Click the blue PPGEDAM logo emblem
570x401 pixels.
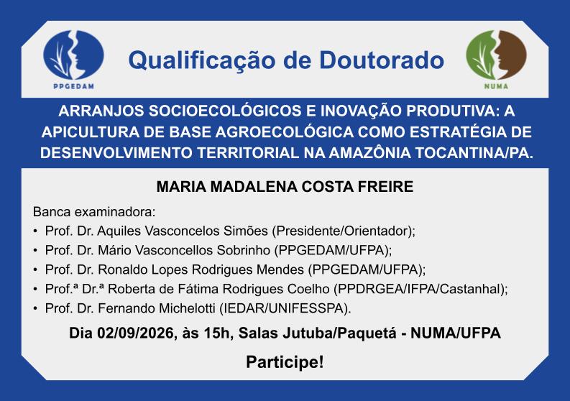tap(73, 55)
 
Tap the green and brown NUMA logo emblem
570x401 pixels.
tap(496, 55)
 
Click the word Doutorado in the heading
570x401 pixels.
tap(382, 60)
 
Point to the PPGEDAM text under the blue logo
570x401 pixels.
tap(74, 86)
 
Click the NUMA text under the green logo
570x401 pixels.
tap(496, 86)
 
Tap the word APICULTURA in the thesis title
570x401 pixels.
tap(90, 132)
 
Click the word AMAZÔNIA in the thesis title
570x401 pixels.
tap(370, 152)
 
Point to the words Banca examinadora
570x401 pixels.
tap(94, 211)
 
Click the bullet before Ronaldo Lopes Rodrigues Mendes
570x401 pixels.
tap(35, 269)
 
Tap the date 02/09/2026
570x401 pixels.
tap(135, 333)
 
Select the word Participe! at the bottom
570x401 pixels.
tap(285, 362)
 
